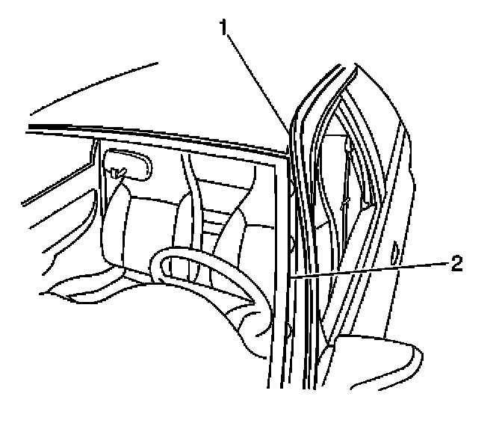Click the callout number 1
coord(223,28)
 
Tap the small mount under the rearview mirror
coord(117,174)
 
